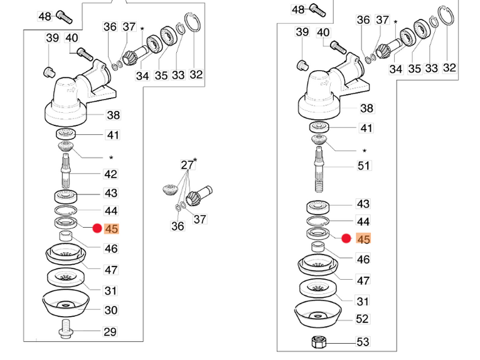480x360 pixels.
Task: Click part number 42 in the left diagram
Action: [x=110, y=174]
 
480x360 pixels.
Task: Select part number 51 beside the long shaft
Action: [x=365, y=166]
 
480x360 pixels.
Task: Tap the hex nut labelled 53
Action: [x=319, y=342]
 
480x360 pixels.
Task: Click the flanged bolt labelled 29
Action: [x=66, y=329]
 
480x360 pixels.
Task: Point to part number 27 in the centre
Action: [x=187, y=165]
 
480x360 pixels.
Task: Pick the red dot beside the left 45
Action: [x=97, y=228]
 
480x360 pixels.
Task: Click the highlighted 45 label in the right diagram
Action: [x=363, y=239]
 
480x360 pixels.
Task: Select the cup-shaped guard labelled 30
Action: [x=66, y=303]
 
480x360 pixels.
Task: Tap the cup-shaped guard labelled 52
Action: [x=318, y=314]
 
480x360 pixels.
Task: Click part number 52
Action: [x=362, y=319]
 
